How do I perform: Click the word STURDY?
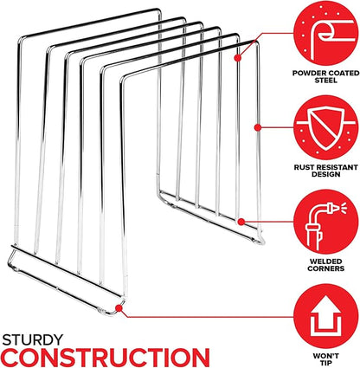tap(33, 340)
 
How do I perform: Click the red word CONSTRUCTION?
tap(106, 358)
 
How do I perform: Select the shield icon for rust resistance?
tap(326, 128)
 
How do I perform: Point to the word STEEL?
tap(325, 81)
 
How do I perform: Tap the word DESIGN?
tap(326, 174)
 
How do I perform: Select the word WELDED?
tap(325, 261)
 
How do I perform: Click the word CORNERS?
tap(325, 268)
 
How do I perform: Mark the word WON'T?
tap(326, 356)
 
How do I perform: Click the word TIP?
tap(325, 363)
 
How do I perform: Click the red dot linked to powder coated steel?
tap(238, 58)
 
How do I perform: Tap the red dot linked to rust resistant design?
tap(258, 127)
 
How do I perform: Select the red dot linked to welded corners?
tap(241, 222)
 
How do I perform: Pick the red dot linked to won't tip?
tap(119, 308)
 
